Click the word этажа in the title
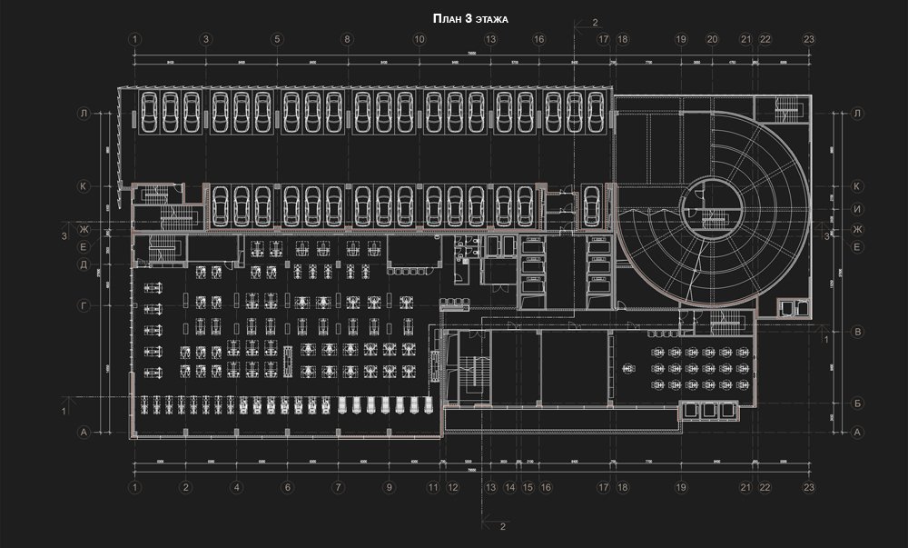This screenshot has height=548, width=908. coord(491,19)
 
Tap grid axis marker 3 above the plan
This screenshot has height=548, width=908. coord(206,39)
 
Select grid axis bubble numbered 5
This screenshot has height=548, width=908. coord(277,39)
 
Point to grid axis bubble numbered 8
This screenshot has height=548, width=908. coord(347,39)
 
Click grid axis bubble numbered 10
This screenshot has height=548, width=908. coord(419,39)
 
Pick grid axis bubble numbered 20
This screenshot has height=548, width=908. coord(712,39)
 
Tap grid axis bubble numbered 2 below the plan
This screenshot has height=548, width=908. coord(185,487)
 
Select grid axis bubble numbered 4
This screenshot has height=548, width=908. coord(236,487)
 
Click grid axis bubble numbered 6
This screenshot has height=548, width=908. coord(287,487)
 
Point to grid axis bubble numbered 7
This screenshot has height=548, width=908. coord(338,487)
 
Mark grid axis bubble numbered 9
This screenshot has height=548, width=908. coord(389,487)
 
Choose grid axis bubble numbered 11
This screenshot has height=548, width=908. coord(434,487)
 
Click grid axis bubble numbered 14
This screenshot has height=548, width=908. coord(510,487)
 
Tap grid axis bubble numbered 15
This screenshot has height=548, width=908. coord(528,487)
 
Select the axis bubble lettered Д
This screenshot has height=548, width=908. coord(83,265)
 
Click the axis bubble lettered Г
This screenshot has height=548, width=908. coord(83,307)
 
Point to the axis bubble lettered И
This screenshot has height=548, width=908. coord(856,209)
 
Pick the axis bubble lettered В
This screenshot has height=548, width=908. coord(856,332)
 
